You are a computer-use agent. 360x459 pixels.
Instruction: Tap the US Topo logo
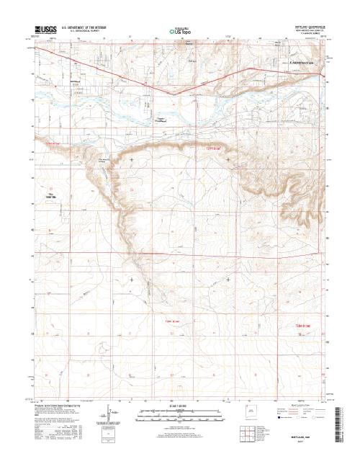pyautogui.click(x=180, y=32)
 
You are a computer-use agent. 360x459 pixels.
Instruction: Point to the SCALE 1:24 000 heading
pyautogui.click(x=180, y=406)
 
